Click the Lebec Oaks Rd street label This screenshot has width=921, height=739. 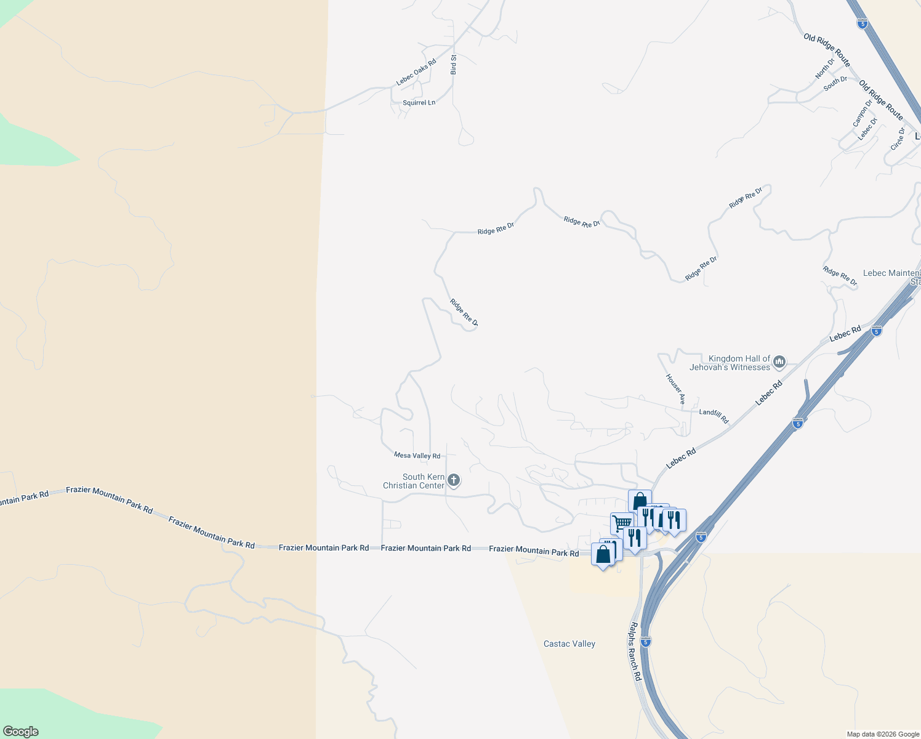416,71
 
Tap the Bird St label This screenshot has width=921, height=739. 454,65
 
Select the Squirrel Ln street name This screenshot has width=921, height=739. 419,103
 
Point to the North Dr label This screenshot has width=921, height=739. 825,68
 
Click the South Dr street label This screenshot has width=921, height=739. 835,84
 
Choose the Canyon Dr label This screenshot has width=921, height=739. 862,114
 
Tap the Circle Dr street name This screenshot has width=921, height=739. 898,139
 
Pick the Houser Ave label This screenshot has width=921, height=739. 675,389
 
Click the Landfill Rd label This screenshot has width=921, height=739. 714,416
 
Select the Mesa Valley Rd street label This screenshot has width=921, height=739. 417,456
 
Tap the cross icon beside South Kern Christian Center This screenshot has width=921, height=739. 454,480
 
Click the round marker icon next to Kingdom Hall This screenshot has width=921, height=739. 779,362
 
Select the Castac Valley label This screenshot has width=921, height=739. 569,644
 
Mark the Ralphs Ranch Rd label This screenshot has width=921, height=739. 635,651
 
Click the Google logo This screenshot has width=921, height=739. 21,732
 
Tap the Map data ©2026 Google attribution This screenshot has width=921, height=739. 883,734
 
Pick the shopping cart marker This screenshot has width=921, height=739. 622,523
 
